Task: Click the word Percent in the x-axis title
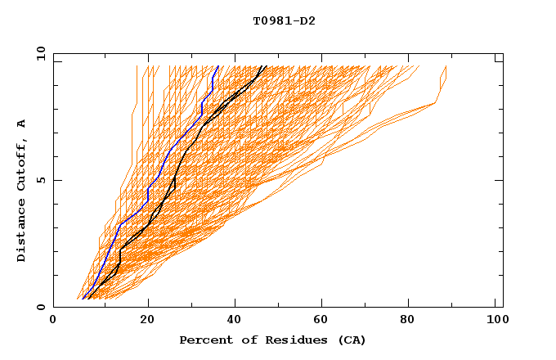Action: pyautogui.click(x=204, y=340)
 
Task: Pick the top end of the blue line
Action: pyautogui.click(x=217, y=65)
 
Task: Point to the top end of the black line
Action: pyautogui.click(x=262, y=65)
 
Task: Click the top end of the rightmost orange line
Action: pyautogui.click(x=446, y=66)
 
